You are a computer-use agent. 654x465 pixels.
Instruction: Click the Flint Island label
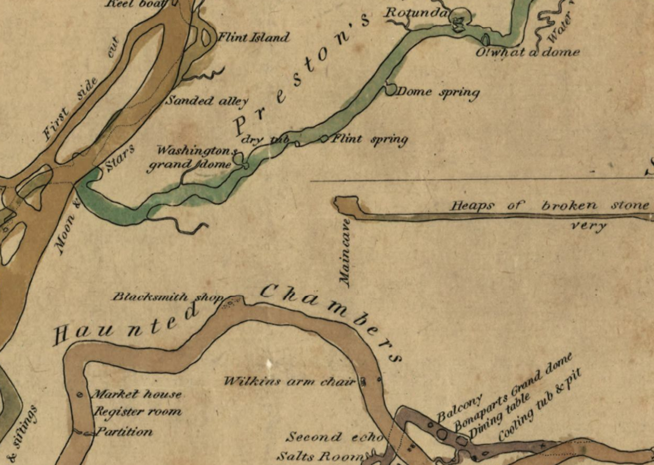click(x=253, y=37)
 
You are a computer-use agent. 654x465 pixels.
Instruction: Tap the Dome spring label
click(x=438, y=92)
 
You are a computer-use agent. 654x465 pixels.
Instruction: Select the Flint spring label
click(x=369, y=139)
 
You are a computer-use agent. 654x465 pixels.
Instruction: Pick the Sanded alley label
click(x=207, y=101)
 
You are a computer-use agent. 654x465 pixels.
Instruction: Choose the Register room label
click(x=138, y=411)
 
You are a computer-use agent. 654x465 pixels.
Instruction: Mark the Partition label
click(x=124, y=432)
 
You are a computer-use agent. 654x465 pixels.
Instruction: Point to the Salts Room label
click(x=319, y=456)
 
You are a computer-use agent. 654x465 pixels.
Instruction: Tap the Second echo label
click(x=335, y=437)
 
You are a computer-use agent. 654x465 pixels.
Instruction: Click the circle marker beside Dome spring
click(x=390, y=90)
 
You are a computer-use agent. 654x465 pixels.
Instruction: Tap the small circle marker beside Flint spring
click(x=324, y=138)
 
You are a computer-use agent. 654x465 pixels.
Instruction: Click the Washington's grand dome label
click(x=190, y=158)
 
